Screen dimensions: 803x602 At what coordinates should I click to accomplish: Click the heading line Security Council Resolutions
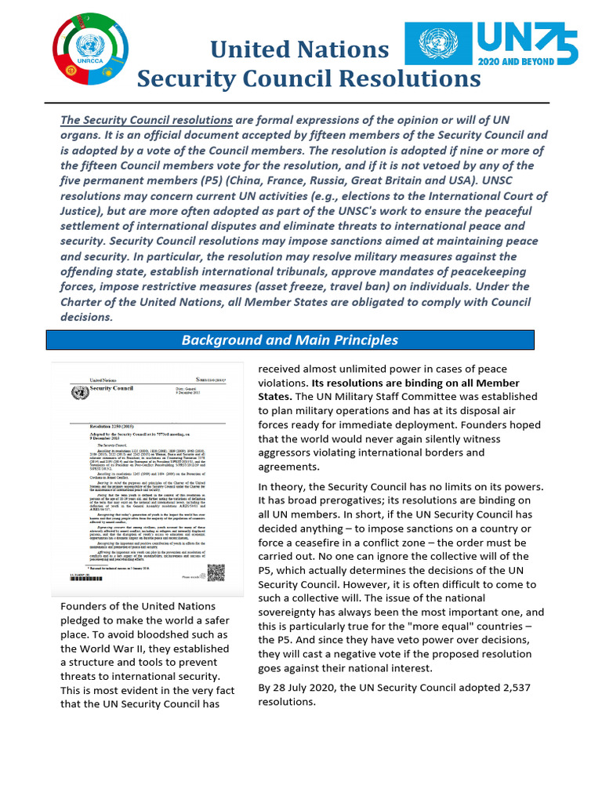(x=309, y=78)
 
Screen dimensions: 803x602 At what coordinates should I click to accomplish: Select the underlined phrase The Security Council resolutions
(x=146, y=120)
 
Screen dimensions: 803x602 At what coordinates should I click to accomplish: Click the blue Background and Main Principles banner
(x=290, y=340)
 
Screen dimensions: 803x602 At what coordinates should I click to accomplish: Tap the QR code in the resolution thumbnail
(x=216, y=576)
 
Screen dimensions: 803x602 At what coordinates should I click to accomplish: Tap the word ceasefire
(x=328, y=543)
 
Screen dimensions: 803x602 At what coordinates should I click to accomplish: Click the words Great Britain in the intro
(x=348, y=180)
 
